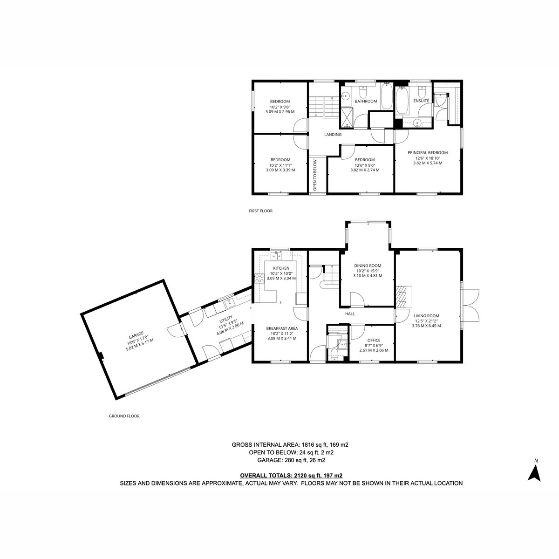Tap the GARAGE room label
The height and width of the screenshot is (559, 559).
136,336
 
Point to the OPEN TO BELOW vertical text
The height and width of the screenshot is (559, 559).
315,175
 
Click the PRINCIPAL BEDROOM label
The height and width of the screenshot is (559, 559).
428,153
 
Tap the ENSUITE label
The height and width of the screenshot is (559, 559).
421,101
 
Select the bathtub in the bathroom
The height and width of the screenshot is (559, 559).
386,96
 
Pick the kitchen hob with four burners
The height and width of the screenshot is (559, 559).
259,278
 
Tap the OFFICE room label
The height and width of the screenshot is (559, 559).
374,340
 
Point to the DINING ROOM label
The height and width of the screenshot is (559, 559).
368,266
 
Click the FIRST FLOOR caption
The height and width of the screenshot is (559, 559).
261,211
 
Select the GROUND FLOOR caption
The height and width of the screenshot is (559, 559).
124,416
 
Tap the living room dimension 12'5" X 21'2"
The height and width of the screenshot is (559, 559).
426,321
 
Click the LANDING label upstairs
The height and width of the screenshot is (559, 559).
333,135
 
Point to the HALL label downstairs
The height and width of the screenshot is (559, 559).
350,314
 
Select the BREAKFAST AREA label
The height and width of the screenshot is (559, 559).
282,328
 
